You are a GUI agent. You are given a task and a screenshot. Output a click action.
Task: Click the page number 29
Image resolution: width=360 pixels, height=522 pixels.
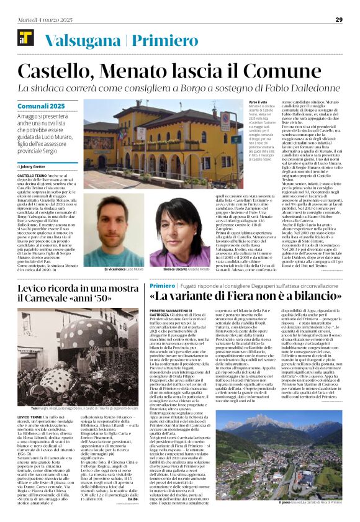[339, 19]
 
